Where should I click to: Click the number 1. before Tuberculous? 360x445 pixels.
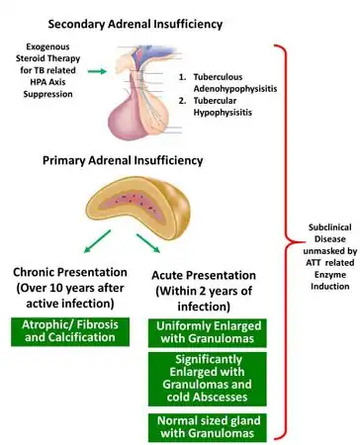click(183, 75)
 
